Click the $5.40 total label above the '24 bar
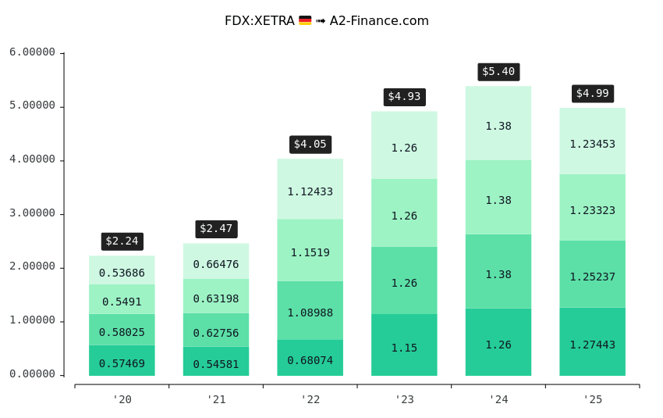click(x=498, y=72)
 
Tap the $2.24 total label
click(x=122, y=241)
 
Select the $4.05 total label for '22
click(x=310, y=145)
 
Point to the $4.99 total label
click(x=593, y=94)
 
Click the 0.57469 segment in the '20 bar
click(x=122, y=361)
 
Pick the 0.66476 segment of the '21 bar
click(x=216, y=262)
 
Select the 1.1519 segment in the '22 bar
click(x=310, y=251)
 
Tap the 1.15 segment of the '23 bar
click(x=404, y=345)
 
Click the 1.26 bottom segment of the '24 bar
click(x=498, y=342)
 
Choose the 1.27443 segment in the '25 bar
click(x=593, y=342)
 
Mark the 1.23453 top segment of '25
click(x=593, y=141)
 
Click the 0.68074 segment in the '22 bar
click(x=310, y=358)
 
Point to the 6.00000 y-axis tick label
click(x=33, y=52)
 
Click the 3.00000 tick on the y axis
click(x=33, y=213)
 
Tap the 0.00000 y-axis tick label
click(x=33, y=374)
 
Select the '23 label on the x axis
click(x=404, y=399)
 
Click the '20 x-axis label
click(x=122, y=399)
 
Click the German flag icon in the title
click(x=305, y=21)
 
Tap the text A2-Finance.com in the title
click(x=379, y=21)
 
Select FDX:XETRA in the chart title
click(x=259, y=21)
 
